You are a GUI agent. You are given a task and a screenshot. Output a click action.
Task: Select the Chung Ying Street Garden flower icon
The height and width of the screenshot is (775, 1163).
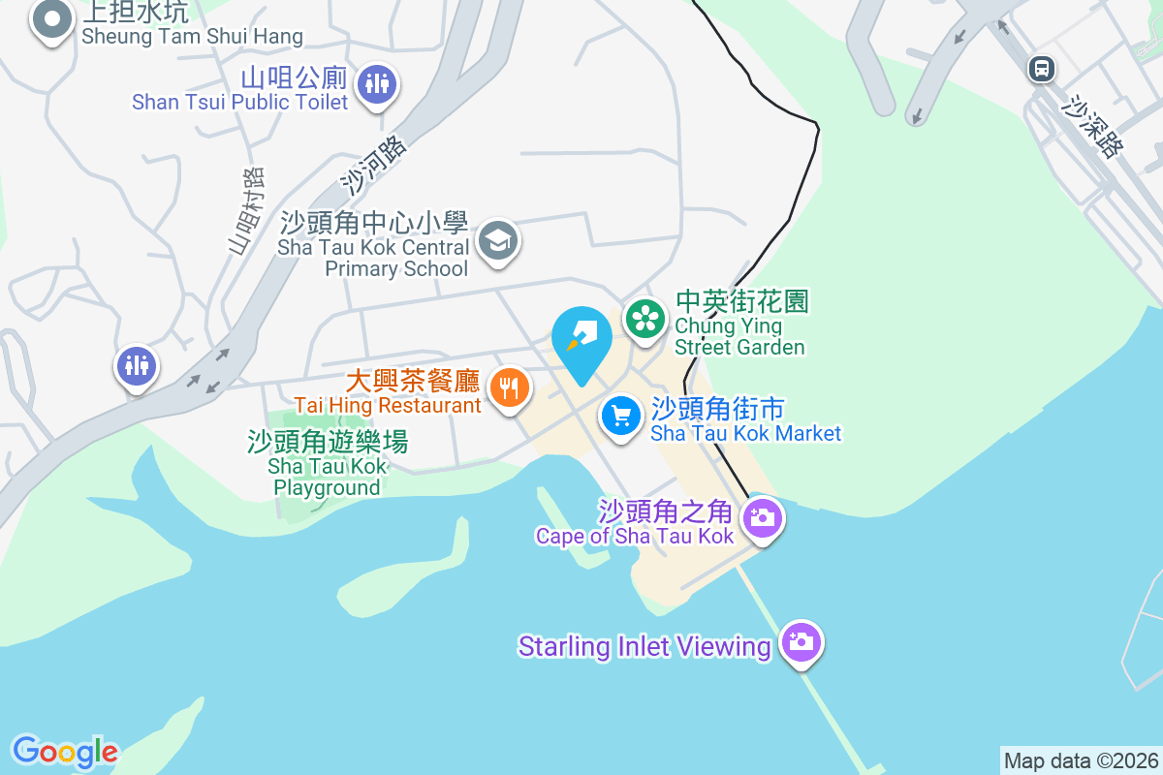(x=644, y=317)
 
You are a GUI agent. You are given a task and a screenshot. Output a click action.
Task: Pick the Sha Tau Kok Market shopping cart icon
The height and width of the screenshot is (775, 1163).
(x=620, y=417)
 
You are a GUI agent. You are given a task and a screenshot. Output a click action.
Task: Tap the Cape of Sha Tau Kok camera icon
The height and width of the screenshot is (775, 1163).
(x=763, y=517)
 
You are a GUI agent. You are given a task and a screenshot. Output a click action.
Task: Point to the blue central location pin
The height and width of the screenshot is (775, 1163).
(x=581, y=339)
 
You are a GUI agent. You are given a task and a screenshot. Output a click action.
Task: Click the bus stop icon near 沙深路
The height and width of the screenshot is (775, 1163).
(x=1042, y=68)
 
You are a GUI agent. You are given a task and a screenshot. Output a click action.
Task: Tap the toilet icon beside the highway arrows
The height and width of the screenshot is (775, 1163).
(x=137, y=366)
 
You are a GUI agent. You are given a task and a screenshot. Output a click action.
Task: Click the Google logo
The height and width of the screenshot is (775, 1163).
(x=65, y=752)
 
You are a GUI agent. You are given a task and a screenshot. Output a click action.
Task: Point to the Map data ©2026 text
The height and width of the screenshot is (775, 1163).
(x=1081, y=760)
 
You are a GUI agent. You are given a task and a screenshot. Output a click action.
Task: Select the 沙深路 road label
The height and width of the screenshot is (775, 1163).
(x=1093, y=126)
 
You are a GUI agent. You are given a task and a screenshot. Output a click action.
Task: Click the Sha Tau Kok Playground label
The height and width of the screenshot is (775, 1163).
(x=328, y=464)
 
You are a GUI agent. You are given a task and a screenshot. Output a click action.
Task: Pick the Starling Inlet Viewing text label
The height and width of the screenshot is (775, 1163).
(x=644, y=646)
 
